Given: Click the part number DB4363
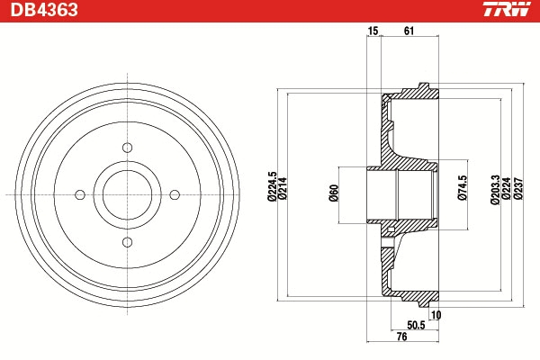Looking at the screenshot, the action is pos(44,10).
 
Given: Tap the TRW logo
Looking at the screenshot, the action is pos(507,9).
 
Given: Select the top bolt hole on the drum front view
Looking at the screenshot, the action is pos(128,148).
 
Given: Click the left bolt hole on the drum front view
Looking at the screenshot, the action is pos(80,195).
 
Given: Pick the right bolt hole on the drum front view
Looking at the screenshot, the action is pos(175,195).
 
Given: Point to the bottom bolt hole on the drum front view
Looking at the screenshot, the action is pos(128,242).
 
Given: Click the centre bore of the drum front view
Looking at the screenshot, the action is pos(128,195).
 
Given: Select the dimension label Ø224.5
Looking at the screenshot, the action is pos(272,186).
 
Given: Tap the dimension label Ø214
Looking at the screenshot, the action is pos(283,188).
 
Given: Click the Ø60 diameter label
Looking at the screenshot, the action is pos(334,193).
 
